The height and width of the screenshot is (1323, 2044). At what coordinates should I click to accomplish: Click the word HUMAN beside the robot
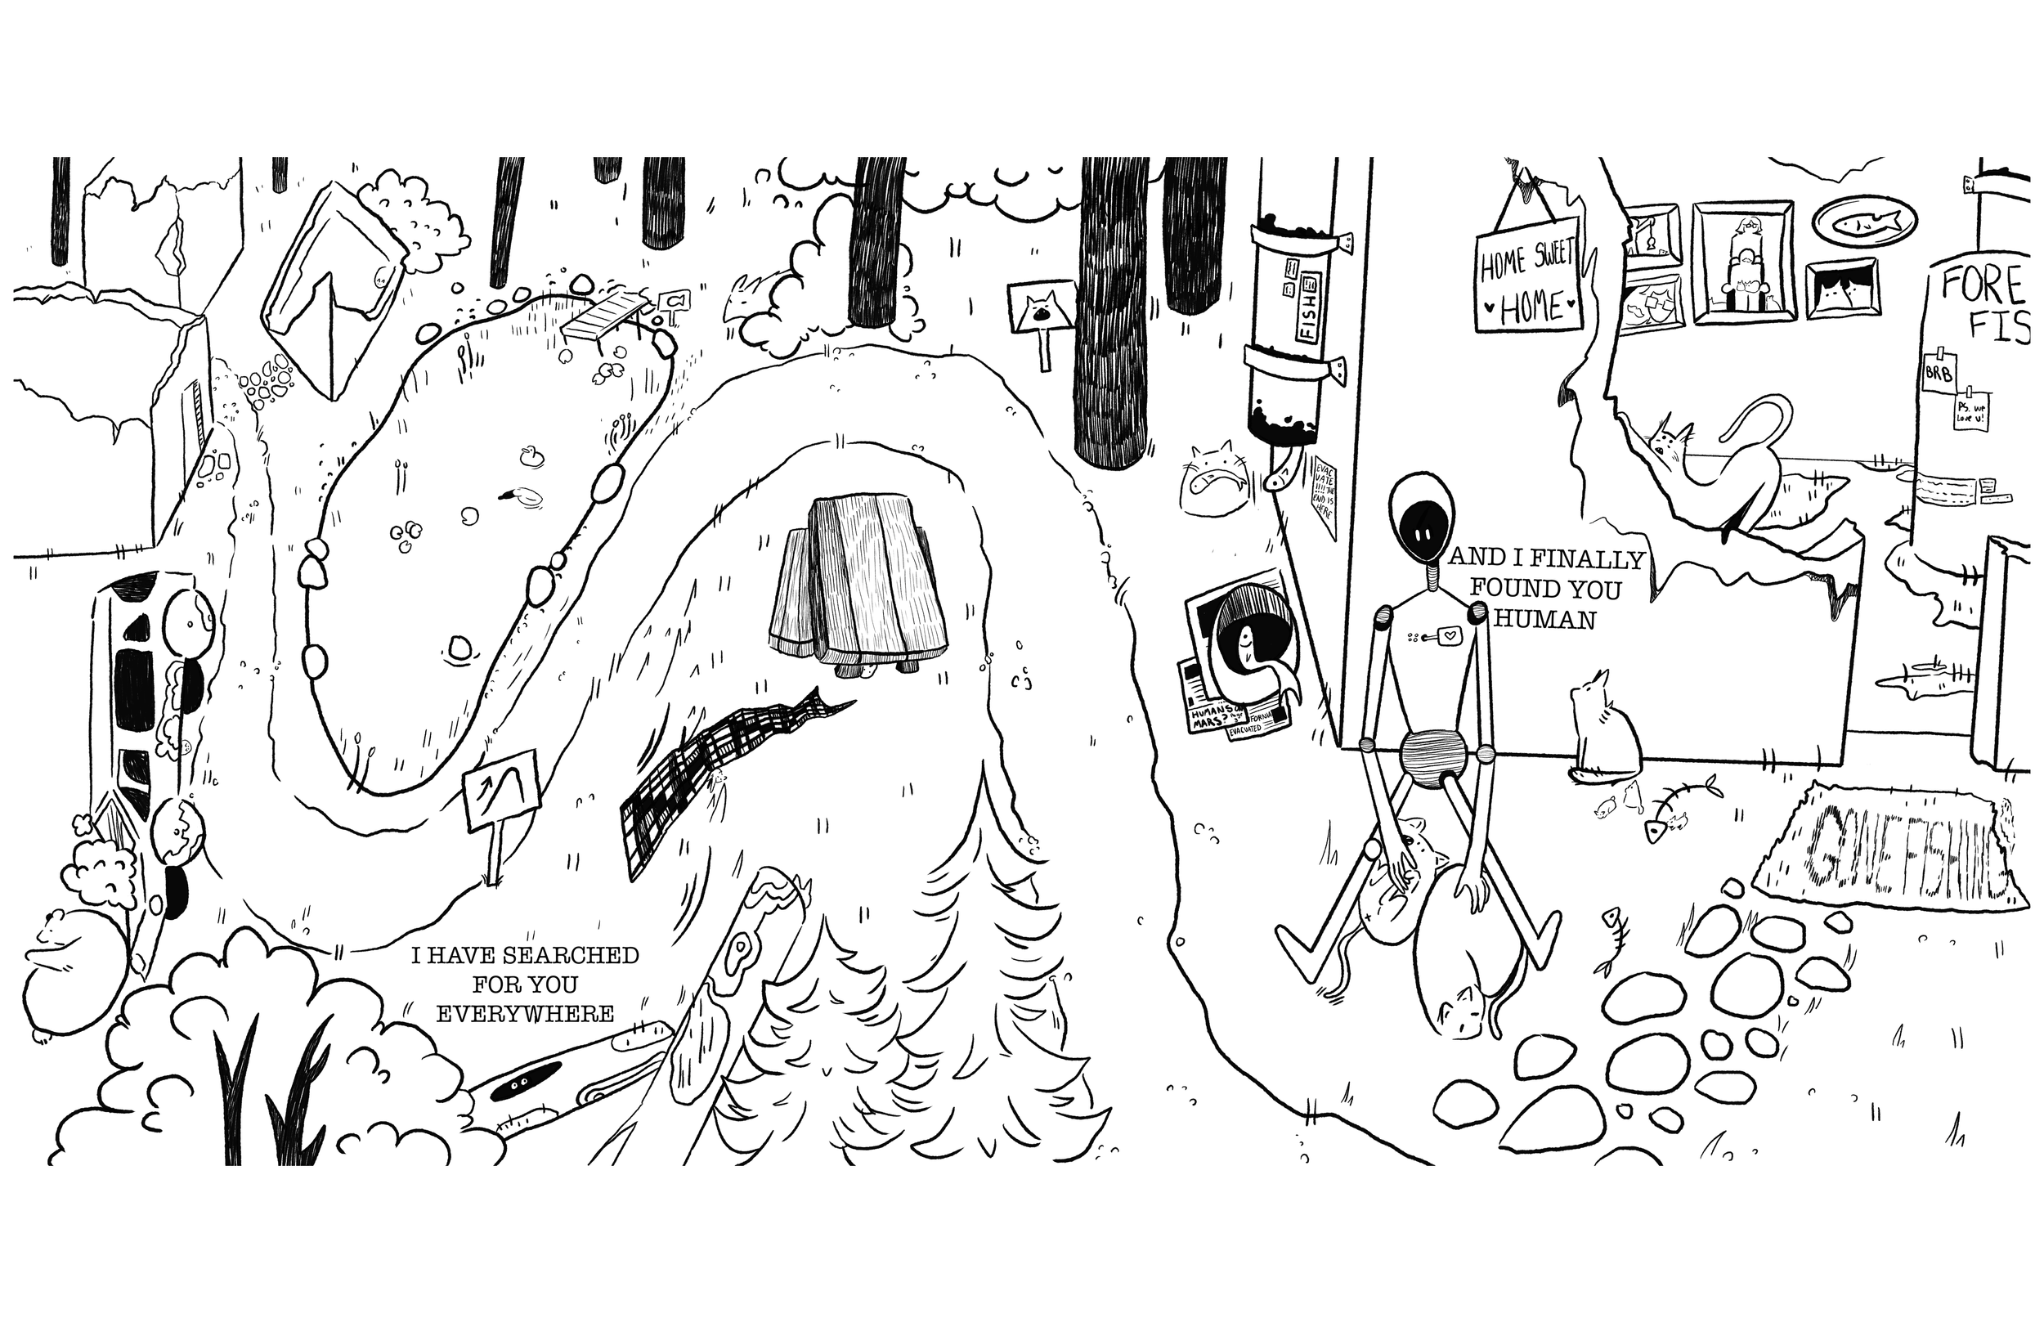[x=1546, y=620]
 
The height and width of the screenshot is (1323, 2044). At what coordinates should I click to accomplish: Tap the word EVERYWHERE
[x=526, y=1014]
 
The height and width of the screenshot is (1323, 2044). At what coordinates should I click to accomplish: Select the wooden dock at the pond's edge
[x=604, y=316]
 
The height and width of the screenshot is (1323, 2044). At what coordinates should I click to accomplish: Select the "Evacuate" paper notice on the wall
[x=1323, y=494]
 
